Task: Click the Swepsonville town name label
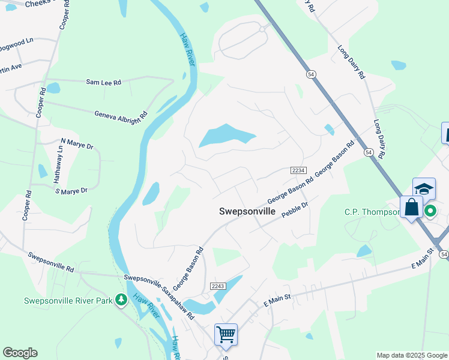click(247, 212)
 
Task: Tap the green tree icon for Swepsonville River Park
click(121, 299)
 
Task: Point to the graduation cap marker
click(423, 188)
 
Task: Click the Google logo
click(20, 353)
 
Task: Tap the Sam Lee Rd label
click(103, 82)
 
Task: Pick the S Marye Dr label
click(71, 191)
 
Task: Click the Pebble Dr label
click(295, 209)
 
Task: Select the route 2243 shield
click(217, 286)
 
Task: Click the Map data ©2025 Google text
click(411, 355)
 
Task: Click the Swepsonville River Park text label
click(68, 301)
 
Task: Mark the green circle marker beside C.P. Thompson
click(430, 211)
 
